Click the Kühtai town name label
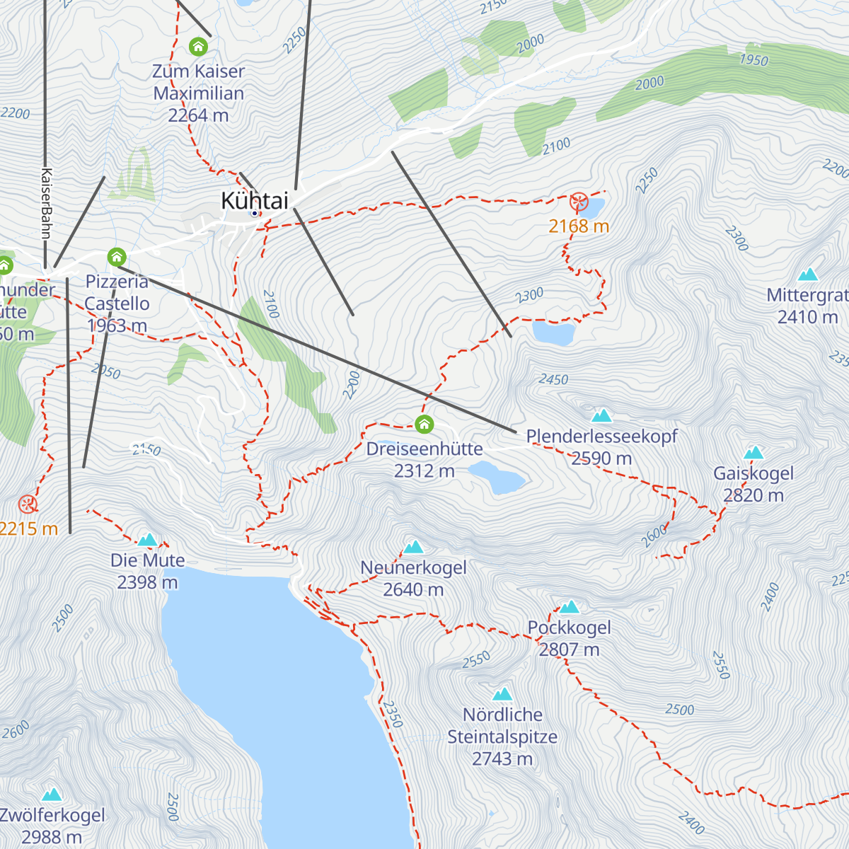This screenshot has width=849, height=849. pos(255,201)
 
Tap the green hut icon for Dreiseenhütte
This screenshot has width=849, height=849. pos(424,424)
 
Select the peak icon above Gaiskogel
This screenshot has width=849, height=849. pos(753,453)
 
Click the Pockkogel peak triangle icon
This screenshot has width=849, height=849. pos(570,607)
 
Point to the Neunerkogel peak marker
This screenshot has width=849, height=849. pos(413,547)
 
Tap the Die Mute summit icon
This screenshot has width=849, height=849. pos(147,540)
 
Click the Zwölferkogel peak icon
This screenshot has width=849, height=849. pos(52,795)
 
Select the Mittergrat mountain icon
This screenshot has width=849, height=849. pos(807,275)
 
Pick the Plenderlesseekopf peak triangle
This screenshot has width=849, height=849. pos(601,415)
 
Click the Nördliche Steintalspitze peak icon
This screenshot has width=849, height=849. pos(502,694)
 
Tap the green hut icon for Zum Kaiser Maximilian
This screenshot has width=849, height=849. pos(198,47)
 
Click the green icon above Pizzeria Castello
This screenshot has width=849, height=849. pos(117,256)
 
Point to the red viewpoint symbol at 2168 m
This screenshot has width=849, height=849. pos(579,202)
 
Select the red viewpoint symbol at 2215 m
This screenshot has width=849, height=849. pos(28,504)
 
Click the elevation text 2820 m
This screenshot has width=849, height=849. pos(753,495)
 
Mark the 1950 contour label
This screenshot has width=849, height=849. pos(753,60)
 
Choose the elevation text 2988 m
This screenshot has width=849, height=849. pos(52,838)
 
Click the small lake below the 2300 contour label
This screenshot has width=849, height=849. pos(553,333)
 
